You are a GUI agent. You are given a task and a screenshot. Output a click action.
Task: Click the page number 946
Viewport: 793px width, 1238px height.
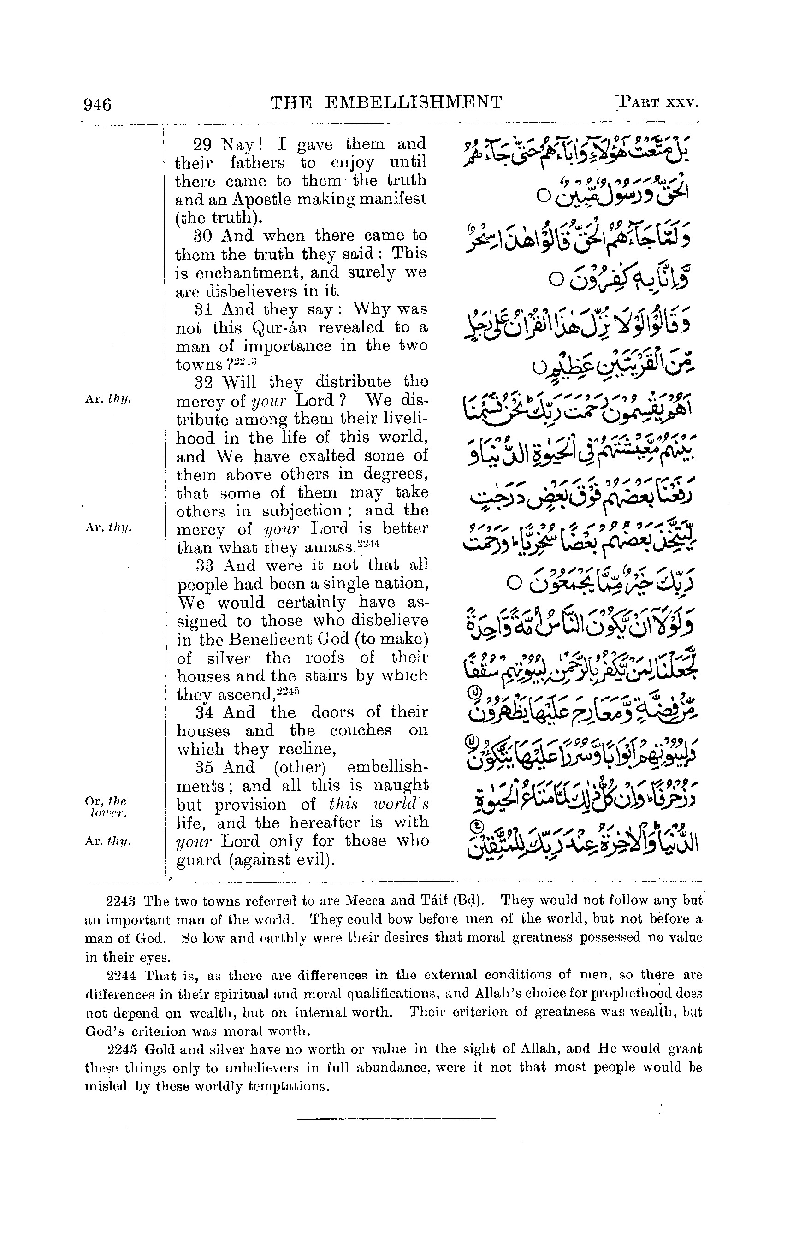tap(97, 104)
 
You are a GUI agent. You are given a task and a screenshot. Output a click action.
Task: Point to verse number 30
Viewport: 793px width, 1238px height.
tap(203, 237)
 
